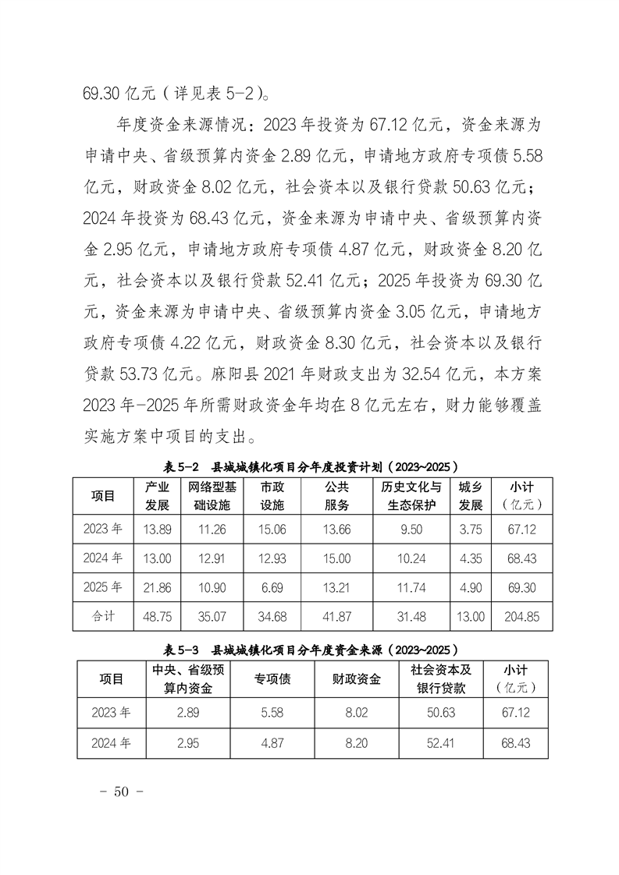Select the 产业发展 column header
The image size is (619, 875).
click(157, 496)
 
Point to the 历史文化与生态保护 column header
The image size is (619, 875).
click(411, 496)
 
